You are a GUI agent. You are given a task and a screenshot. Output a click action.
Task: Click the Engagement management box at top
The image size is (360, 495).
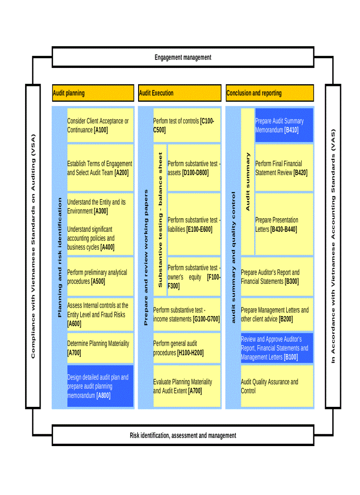(183, 57)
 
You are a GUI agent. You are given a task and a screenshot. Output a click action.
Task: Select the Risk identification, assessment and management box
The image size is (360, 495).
(183, 435)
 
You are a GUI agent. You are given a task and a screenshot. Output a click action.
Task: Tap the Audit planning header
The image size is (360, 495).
(93, 93)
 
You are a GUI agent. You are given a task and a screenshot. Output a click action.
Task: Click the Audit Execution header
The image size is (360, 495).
(179, 93)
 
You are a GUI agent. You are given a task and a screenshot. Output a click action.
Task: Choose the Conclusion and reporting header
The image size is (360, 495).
(269, 93)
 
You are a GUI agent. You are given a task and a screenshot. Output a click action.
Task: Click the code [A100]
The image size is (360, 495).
(101, 130)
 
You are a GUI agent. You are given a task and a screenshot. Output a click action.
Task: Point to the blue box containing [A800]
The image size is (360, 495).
(100, 386)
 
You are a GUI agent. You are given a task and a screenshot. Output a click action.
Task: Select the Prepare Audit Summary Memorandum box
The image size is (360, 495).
(284, 126)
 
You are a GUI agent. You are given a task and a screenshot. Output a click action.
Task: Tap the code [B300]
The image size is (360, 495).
(292, 282)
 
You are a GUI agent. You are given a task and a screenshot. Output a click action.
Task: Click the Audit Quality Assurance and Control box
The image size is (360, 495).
(277, 386)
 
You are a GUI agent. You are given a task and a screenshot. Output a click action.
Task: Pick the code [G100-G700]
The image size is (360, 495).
(206, 319)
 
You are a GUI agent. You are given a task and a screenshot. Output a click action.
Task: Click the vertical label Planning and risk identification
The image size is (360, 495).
(60, 257)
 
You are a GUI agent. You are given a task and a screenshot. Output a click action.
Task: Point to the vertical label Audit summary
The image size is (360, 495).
(247, 181)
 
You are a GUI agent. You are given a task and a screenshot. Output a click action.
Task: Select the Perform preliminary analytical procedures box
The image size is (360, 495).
(100, 277)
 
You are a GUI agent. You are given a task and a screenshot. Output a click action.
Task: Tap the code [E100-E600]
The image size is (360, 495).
(199, 229)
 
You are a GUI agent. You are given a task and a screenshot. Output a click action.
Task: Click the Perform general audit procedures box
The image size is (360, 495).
(186, 348)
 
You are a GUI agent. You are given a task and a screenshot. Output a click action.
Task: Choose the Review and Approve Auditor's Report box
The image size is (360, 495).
(277, 348)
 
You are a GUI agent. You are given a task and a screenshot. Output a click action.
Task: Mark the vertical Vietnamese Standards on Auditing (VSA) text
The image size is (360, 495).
(33, 246)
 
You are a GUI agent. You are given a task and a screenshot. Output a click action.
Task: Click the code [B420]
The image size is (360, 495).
(300, 173)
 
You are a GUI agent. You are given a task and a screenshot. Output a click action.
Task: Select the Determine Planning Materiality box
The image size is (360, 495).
(100, 348)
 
